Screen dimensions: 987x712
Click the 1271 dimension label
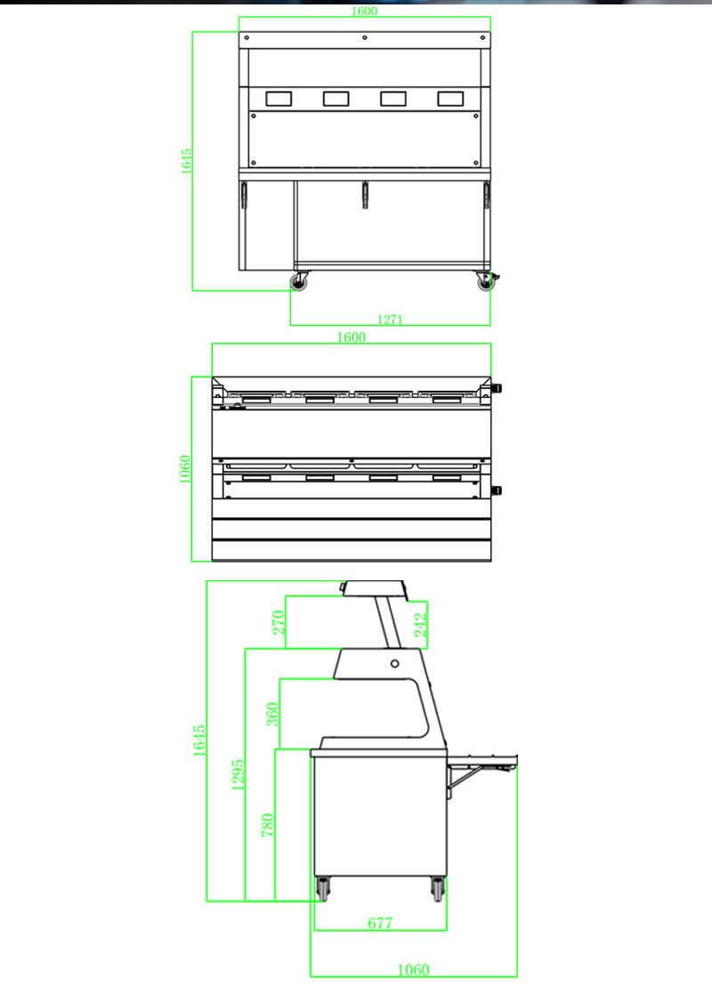coord(391,320)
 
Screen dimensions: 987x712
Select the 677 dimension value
coord(380,924)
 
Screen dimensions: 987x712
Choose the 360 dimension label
coord(273,714)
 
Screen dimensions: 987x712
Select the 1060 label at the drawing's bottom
coord(414,969)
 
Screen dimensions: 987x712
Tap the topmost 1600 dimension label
coord(364,12)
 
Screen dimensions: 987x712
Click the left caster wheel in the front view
coord(297,282)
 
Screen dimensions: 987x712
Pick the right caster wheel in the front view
coord(486,282)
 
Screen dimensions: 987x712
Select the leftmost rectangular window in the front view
coord(279,99)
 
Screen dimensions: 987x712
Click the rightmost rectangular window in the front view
coord(449,99)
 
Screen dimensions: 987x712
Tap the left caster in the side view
coord(322,888)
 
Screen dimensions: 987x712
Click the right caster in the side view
coord(438,888)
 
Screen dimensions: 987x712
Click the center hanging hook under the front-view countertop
coord(364,195)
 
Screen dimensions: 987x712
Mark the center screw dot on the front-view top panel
coord(364,37)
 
